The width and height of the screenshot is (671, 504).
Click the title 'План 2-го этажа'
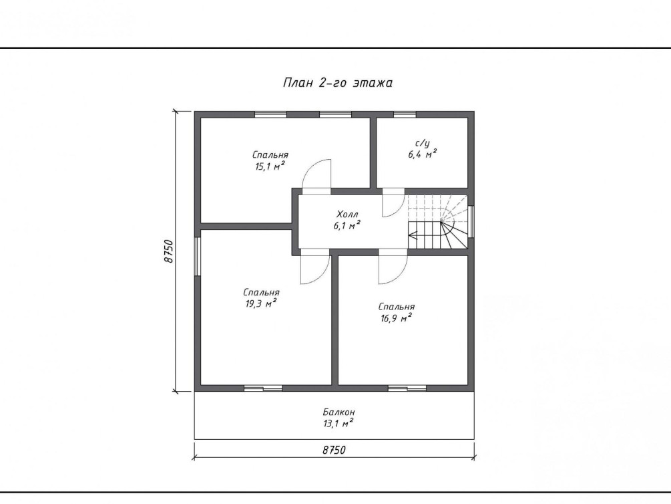(338, 82)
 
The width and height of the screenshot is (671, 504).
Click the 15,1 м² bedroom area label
(270, 160)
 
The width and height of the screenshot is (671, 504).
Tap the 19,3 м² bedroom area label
(261, 298)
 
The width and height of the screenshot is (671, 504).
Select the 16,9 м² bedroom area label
(396, 312)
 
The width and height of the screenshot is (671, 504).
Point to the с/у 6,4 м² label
(422, 148)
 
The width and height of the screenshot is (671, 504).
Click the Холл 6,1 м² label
(347, 220)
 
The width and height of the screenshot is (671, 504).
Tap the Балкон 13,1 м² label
(339, 418)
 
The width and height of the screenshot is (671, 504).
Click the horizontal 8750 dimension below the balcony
(334, 450)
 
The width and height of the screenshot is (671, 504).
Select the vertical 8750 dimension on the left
(170, 251)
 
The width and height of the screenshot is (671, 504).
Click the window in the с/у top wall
(405, 114)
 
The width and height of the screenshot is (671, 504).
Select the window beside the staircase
(471, 221)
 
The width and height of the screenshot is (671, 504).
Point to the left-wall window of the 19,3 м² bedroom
(197, 256)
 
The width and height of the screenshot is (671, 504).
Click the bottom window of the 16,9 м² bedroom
(407, 388)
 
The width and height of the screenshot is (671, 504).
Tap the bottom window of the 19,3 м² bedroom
(263, 388)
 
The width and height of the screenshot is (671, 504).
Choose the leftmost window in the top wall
(270, 114)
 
